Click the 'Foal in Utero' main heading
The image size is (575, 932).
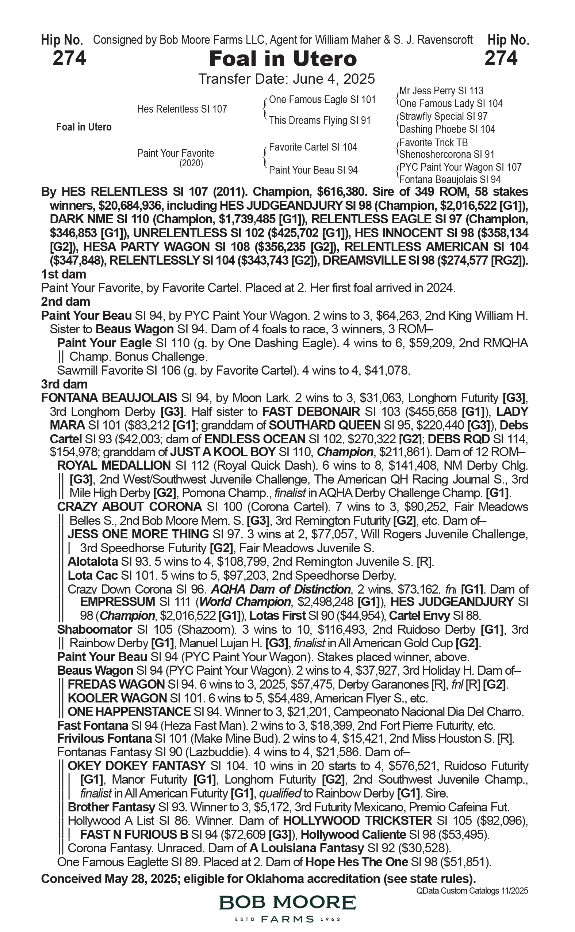click(283, 59)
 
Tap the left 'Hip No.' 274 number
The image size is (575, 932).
click(69, 58)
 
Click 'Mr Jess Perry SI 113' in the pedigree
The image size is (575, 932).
click(441, 91)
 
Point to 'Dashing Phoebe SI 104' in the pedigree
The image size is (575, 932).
click(447, 129)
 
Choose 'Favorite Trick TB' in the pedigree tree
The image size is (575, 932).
click(433, 143)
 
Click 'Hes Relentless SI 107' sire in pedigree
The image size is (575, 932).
click(182, 109)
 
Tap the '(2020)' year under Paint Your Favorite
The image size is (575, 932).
click(191, 163)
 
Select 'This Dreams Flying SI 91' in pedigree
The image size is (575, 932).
click(319, 120)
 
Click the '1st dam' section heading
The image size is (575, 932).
click(64, 274)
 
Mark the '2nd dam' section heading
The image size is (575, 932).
click(65, 302)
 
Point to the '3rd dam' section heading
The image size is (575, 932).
click(64, 384)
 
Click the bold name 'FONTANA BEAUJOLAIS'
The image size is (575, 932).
click(109, 398)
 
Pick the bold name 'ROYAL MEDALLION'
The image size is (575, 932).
click(114, 465)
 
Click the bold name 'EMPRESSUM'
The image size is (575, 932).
click(118, 602)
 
